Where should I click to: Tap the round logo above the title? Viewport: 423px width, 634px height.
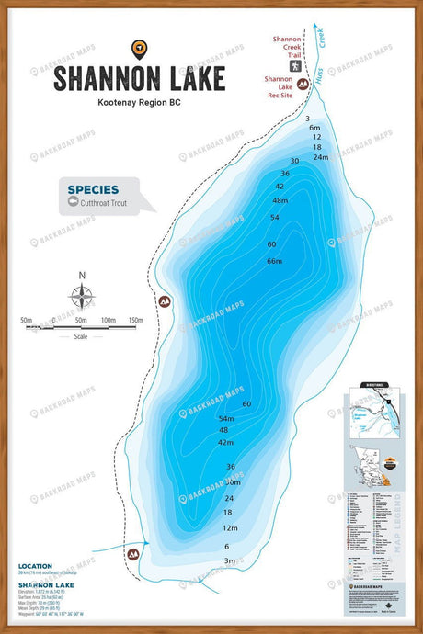point(139,49)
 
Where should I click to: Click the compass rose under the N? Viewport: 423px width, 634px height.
point(82,296)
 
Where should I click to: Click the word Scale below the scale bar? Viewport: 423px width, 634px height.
point(82,336)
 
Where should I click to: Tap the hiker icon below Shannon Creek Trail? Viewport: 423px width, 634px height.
point(297,65)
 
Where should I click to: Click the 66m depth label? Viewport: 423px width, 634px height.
point(274,262)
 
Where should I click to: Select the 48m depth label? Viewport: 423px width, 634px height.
point(280,200)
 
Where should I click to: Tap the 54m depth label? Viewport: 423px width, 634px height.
point(226,418)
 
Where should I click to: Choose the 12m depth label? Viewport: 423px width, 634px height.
point(231,528)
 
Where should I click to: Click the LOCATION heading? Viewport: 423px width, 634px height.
point(35,567)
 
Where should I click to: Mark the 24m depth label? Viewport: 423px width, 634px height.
point(320,157)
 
